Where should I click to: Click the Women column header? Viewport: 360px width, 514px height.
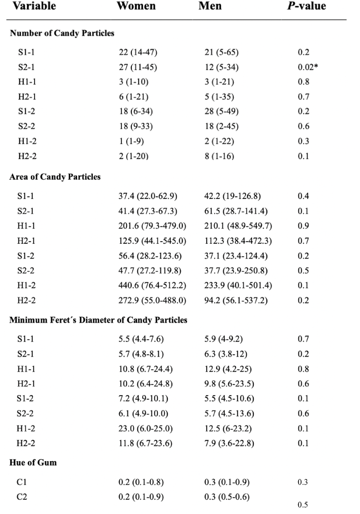click(136, 6)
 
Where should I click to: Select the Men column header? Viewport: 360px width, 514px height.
click(210, 6)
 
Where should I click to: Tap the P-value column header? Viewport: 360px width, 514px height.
click(308, 6)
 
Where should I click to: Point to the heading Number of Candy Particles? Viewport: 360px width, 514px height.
click(62, 33)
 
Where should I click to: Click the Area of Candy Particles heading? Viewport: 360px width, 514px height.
click(55, 177)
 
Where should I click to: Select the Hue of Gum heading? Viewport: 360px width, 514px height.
click(33, 462)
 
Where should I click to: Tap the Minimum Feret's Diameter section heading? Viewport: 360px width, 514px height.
click(98, 320)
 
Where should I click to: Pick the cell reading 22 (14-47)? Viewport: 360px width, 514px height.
click(138, 52)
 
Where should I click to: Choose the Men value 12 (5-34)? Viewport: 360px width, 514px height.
click(221, 67)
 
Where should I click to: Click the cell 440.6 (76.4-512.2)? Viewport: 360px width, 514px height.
click(152, 285)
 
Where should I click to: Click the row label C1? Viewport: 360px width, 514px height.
click(22, 483)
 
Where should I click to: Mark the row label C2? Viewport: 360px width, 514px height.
click(22, 497)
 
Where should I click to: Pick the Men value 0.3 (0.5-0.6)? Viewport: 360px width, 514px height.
click(227, 497)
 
